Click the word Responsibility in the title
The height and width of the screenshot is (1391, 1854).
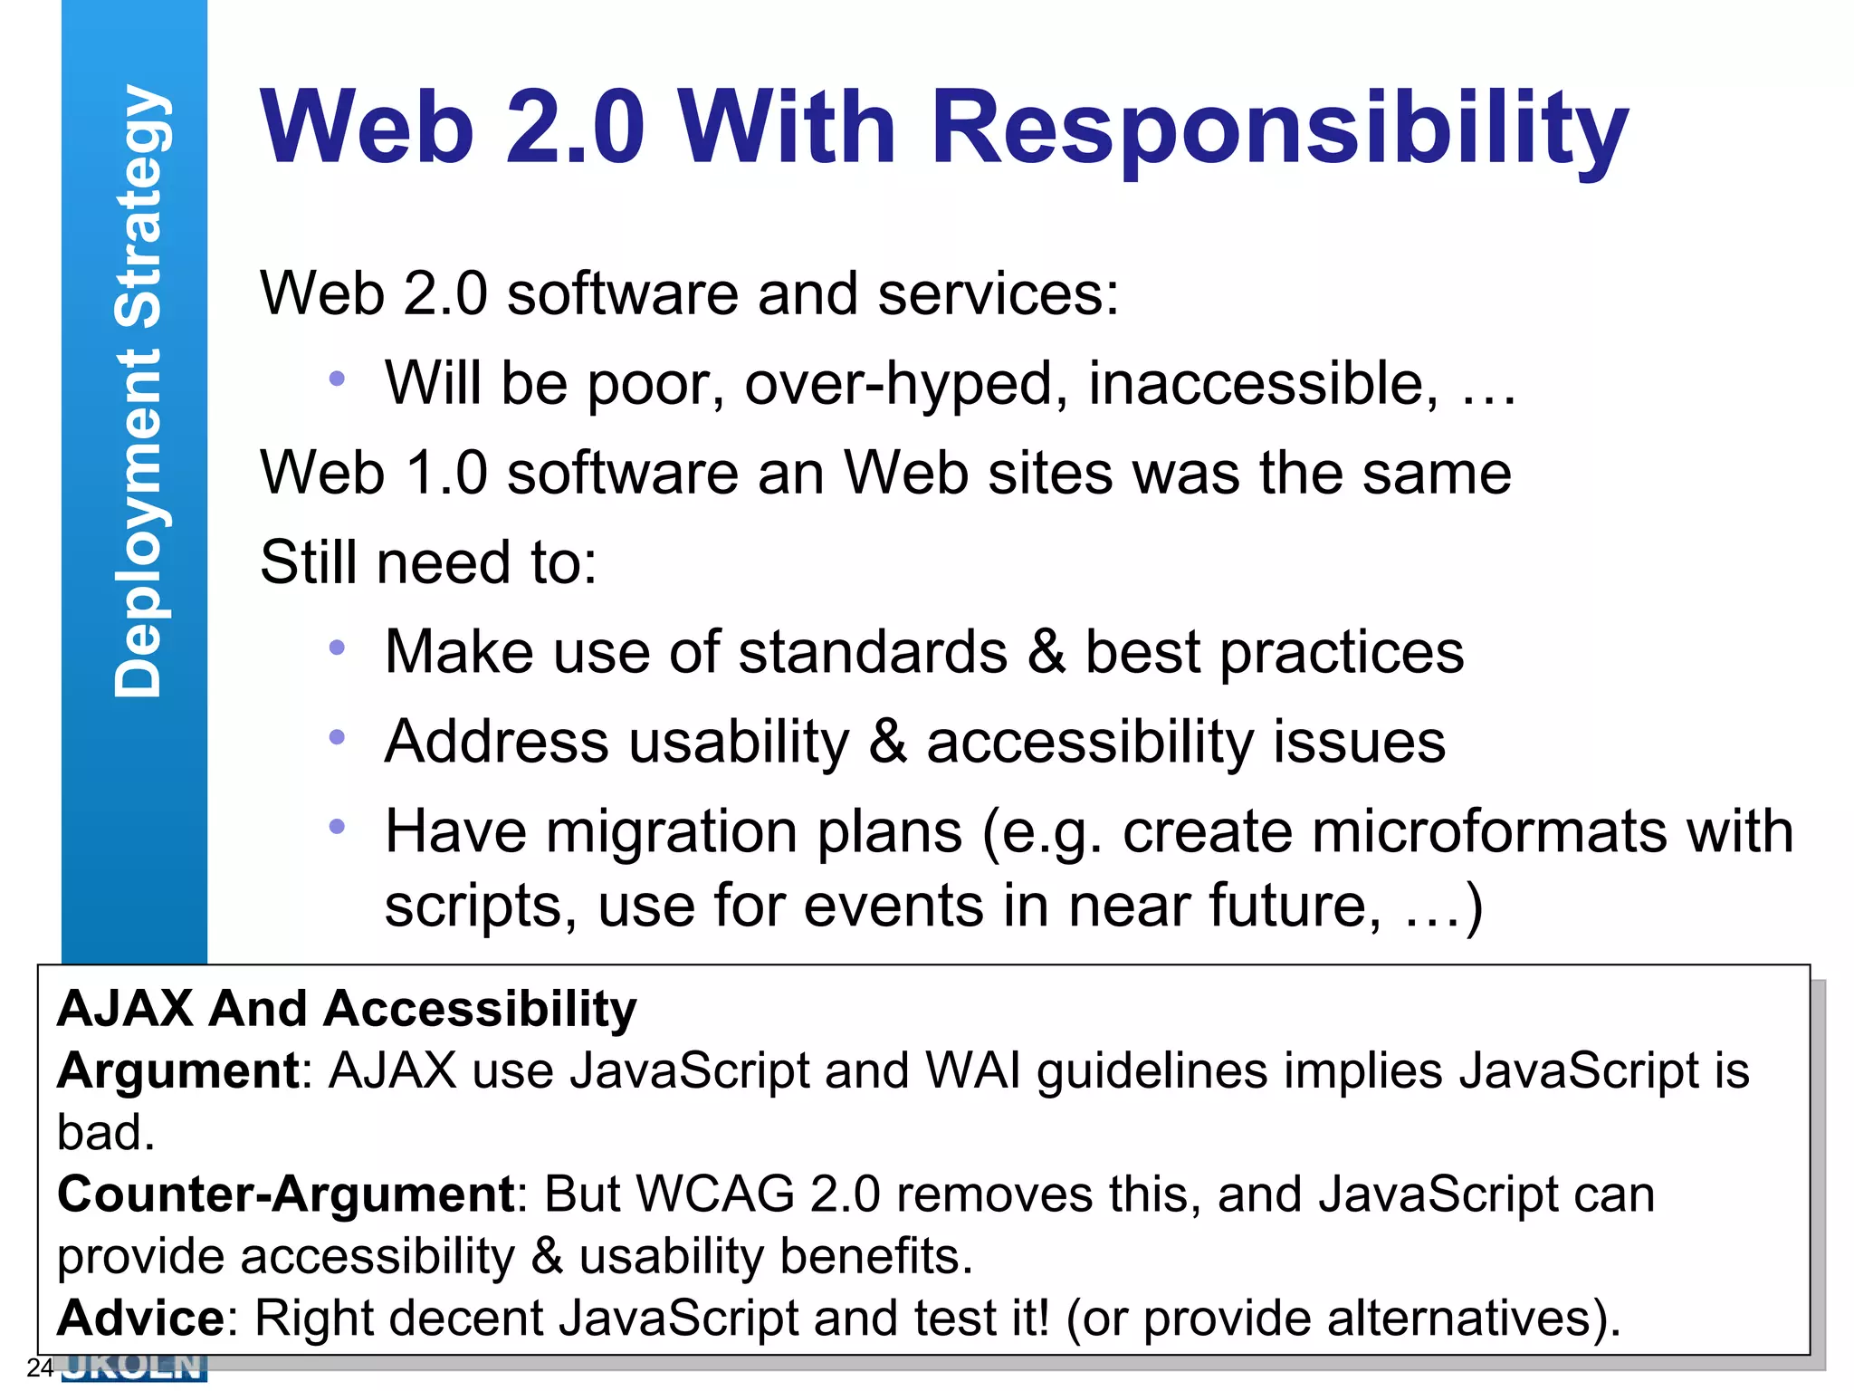pyautogui.click(x=1278, y=129)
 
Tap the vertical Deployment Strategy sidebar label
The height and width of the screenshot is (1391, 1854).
pyautogui.click(x=139, y=390)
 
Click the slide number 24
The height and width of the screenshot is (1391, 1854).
pyautogui.click(x=40, y=1367)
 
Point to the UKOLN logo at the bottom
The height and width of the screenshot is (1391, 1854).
pyautogui.click(x=134, y=1367)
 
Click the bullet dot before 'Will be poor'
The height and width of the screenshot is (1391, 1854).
pyautogui.click(x=337, y=379)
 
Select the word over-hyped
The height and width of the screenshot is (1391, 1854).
pyautogui.click(x=905, y=384)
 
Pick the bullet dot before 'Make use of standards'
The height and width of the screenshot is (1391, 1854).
pyautogui.click(x=337, y=648)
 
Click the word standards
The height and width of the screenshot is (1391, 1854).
pyautogui.click(x=873, y=652)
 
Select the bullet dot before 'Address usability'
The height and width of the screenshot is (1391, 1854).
pyautogui.click(x=337, y=737)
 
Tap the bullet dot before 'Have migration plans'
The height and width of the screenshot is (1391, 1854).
pyautogui.click(x=337, y=826)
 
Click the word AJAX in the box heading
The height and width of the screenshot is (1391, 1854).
pyautogui.click(x=125, y=1009)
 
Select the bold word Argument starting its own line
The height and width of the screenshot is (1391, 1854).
pyautogui.click(x=177, y=1071)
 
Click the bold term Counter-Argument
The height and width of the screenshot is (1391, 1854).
pyautogui.click(x=286, y=1194)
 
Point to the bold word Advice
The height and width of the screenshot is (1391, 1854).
pyautogui.click(x=140, y=1318)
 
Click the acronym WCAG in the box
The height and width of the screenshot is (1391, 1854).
pyautogui.click(x=715, y=1194)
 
